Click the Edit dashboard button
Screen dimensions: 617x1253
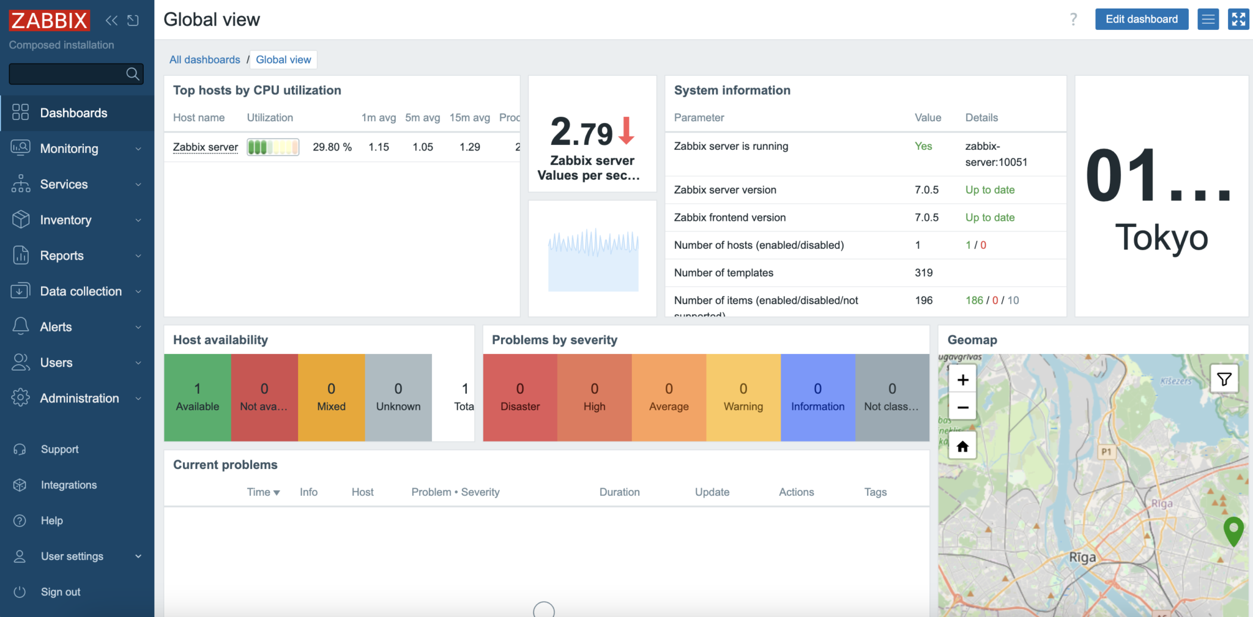(1141, 19)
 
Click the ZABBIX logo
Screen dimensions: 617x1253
(49, 20)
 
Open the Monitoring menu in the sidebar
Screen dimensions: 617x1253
(69, 149)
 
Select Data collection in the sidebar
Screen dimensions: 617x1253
(81, 291)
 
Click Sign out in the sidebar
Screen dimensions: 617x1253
(60, 592)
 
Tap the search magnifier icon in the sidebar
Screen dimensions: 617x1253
(132, 74)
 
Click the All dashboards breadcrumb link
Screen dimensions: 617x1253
(204, 59)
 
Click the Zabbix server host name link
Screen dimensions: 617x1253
(206, 147)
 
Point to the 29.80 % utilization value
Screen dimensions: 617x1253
(332, 147)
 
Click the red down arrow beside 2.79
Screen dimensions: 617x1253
(626, 130)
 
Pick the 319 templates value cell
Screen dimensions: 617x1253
(923, 273)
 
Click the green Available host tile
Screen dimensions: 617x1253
(197, 397)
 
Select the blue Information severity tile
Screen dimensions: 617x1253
(817, 397)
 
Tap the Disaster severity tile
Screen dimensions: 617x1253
(520, 397)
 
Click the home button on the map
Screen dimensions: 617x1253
(962, 446)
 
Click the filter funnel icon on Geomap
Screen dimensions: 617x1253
(1224, 380)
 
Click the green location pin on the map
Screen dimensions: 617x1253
(1233, 530)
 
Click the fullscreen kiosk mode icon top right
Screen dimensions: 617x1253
(1238, 19)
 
